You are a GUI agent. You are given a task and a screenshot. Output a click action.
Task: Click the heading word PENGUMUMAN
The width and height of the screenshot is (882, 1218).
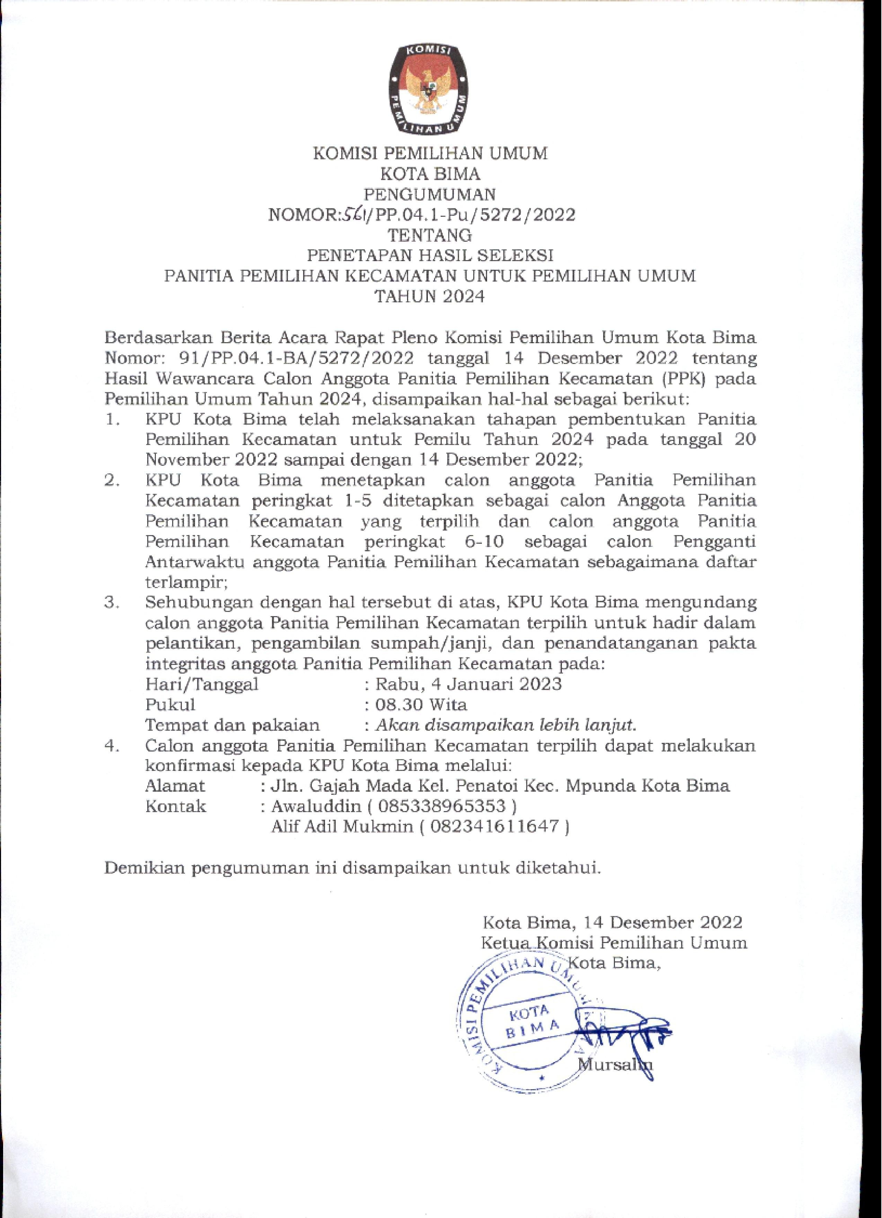point(430,194)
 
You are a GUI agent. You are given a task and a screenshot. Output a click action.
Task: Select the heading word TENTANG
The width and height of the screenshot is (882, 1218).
point(430,235)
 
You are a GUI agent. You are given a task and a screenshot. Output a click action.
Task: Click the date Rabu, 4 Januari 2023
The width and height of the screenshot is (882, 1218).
point(468,684)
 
